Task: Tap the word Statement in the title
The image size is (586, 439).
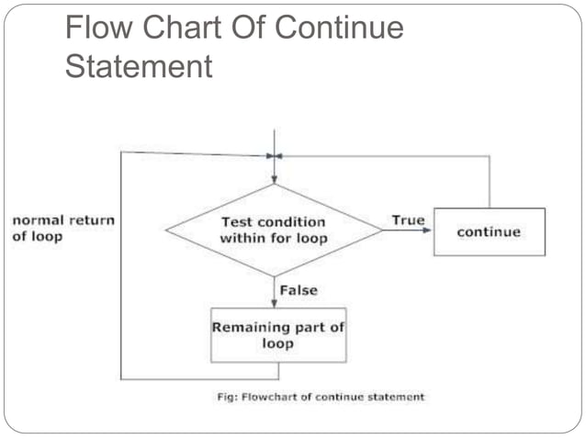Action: (x=139, y=66)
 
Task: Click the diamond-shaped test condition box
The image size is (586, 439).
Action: (x=274, y=231)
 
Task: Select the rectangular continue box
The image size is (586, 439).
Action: (x=489, y=231)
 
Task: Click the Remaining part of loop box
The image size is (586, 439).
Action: (x=278, y=335)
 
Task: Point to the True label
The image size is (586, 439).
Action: (x=408, y=220)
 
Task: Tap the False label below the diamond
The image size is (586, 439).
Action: (x=299, y=290)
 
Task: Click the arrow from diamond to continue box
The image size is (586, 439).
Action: (x=408, y=231)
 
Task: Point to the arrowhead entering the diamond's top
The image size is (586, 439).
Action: (x=274, y=180)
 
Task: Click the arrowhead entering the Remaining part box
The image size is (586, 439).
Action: (x=274, y=303)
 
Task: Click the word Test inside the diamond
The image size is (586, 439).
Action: (x=237, y=221)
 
